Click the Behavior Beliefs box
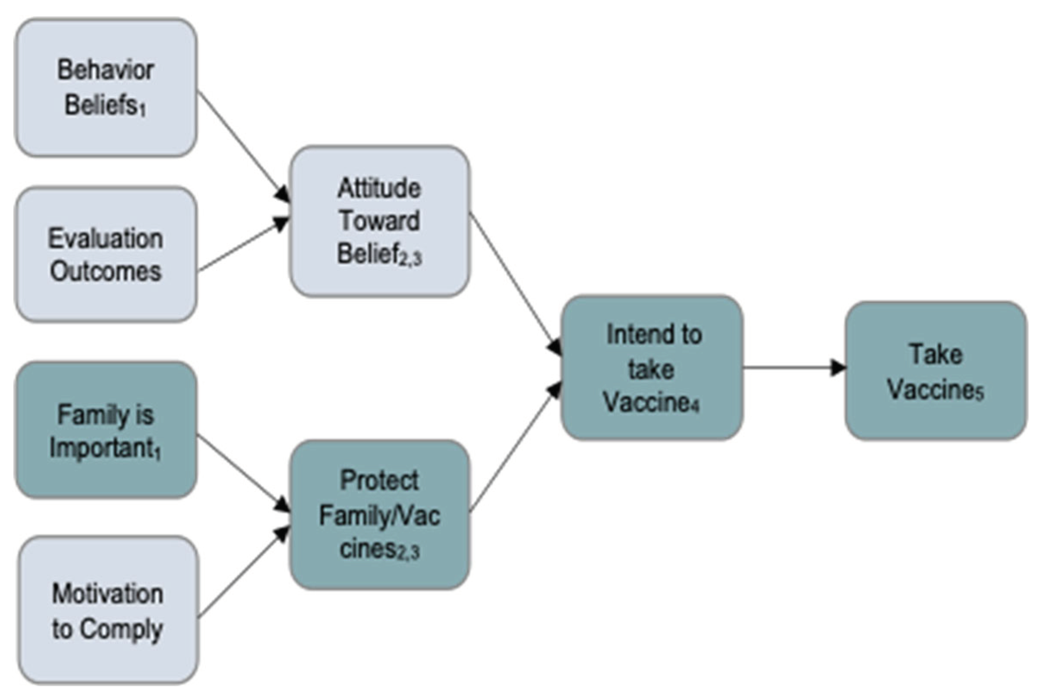pos(106,88)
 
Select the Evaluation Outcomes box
pos(106,255)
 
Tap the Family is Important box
pos(106,430)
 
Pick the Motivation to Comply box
pos(108,610)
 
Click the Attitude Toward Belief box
pos(379,221)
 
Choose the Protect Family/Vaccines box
pos(379,515)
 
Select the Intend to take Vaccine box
pos(652,368)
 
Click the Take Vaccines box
pos(936,372)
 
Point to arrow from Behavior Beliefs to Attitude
pos(243,146)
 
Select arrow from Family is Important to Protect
pos(243,472)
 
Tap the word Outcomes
pos(105,271)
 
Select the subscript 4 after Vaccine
pos(695,406)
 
